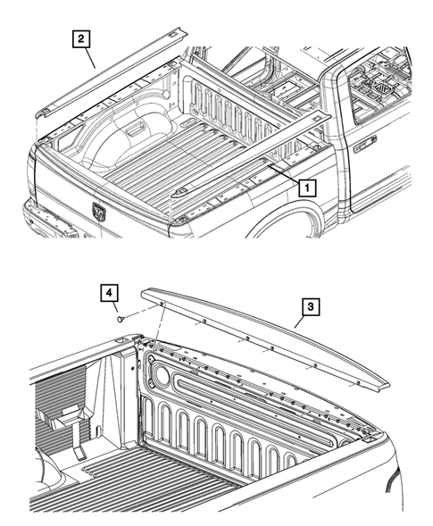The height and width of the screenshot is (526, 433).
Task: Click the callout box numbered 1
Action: coord(305,188)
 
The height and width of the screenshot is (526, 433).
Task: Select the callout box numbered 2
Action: coord(81,38)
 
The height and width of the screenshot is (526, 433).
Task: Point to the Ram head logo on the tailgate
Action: coord(97,212)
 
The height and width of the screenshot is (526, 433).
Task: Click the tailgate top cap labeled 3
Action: coord(268,335)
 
